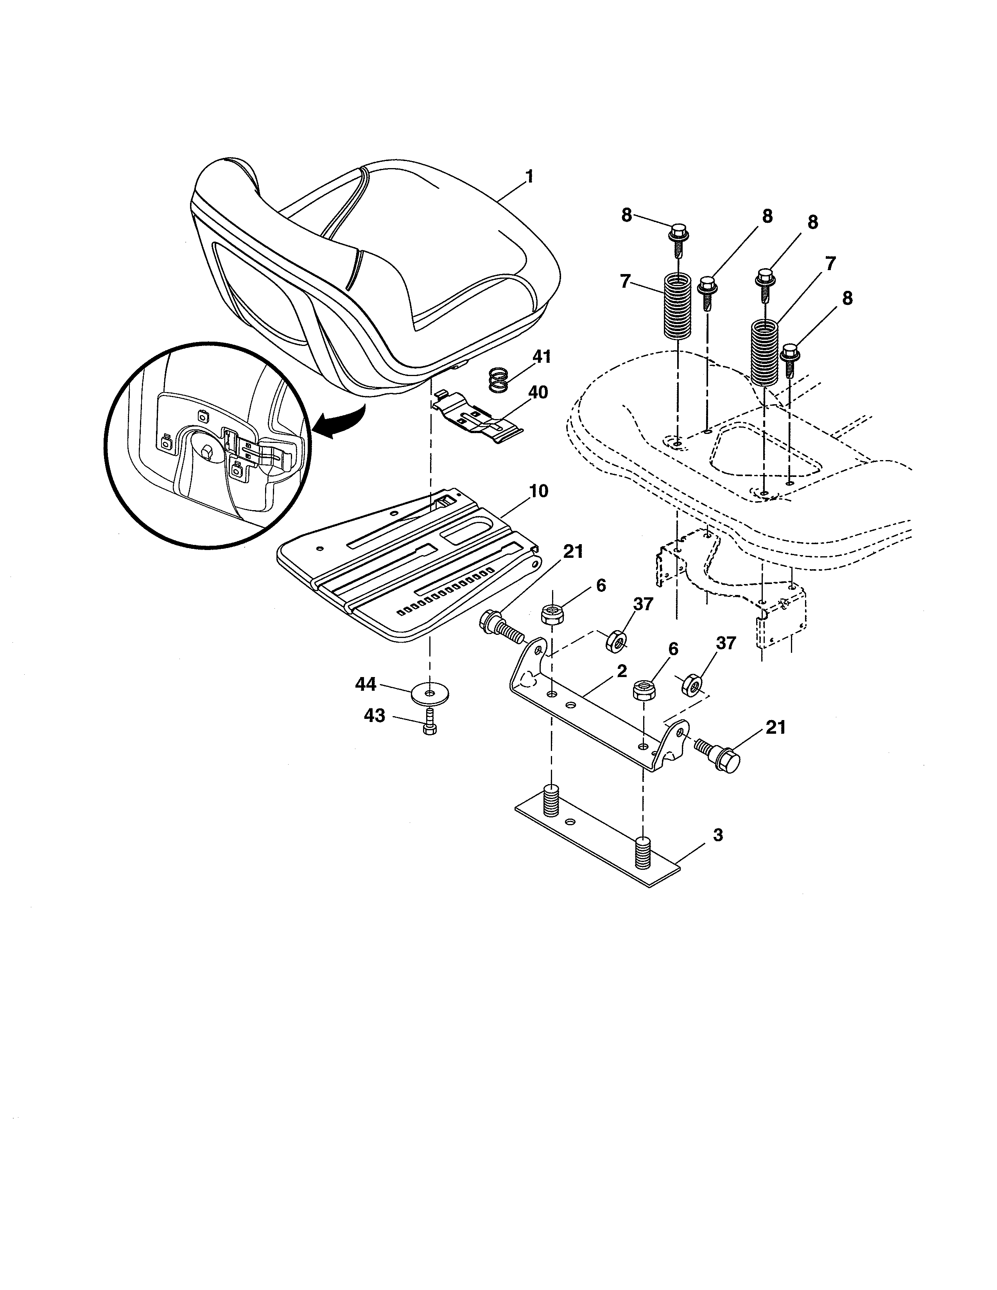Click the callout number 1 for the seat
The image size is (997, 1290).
click(x=529, y=177)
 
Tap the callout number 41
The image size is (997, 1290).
click(x=541, y=357)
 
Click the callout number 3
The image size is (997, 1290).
click(x=717, y=835)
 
